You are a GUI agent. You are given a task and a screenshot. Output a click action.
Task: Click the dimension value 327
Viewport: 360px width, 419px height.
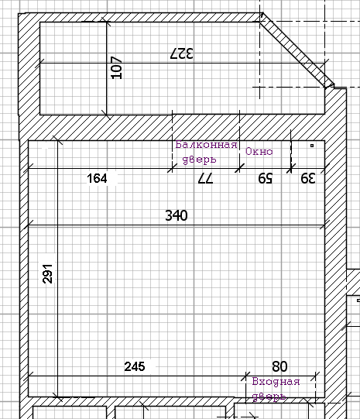tap(182, 53)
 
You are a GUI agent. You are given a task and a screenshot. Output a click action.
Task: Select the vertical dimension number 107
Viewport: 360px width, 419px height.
tap(116, 67)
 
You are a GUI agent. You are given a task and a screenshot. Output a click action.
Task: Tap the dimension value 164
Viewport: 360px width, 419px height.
tap(97, 178)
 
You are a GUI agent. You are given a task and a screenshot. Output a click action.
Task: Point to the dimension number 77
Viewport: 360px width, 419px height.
tap(205, 178)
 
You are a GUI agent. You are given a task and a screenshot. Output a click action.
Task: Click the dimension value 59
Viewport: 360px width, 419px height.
tap(266, 178)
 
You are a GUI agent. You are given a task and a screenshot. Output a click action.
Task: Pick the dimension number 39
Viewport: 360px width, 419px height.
tap(308, 178)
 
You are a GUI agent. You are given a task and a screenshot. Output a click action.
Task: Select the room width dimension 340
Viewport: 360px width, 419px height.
tap(177, 215)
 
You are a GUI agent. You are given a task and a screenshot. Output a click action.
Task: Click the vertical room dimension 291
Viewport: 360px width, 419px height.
tap(48, 273)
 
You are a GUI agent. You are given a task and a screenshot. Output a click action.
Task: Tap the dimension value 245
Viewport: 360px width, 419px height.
tap(135, 366)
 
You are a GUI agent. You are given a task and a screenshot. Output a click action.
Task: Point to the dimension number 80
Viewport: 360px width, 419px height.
tap(279, 366)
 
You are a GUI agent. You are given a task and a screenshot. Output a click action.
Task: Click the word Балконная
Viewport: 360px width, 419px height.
tap(207, 145)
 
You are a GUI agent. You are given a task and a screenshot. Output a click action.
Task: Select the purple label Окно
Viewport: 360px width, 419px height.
tap(259, 152)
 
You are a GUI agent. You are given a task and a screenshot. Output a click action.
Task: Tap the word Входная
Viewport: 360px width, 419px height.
tap(276, 382)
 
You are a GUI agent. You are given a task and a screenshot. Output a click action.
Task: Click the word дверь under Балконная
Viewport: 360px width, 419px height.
tap(199, 160)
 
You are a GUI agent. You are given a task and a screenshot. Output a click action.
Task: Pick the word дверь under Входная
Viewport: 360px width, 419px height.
tap(269, 397)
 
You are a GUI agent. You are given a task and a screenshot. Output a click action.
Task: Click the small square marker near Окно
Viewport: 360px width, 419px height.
tap(312, 146)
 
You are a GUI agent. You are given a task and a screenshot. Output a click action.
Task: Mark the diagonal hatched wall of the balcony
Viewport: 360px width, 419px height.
tap(297, 50)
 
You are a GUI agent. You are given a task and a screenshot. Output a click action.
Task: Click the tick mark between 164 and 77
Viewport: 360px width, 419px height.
tap(172, 168)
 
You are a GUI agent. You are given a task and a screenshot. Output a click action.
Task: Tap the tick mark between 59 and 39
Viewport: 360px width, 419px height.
tap(291, 168)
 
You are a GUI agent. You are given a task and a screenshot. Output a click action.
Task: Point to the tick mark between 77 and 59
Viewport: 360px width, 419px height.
tap(239, 168)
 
